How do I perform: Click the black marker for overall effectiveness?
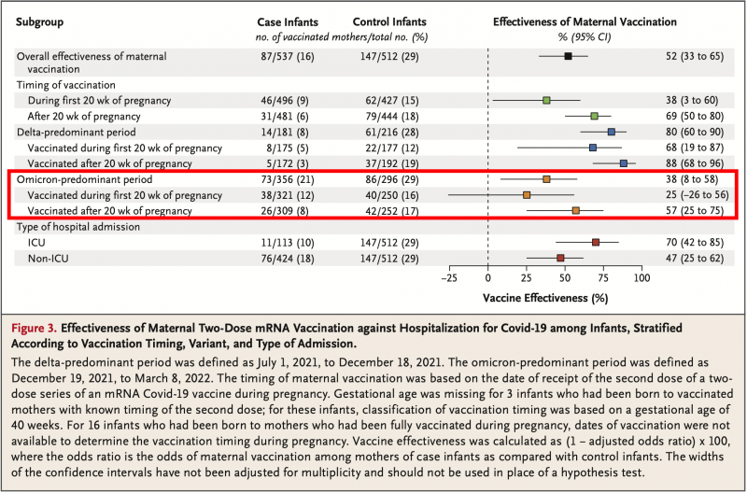pos(568,57)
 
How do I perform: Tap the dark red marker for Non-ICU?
pos(560,257)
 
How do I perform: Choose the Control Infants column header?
pos(391,21)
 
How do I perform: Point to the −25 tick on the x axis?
pos(449,278)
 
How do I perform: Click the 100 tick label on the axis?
pos(641,278)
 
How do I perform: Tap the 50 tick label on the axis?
pos(565,278)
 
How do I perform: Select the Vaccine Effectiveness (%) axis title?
pos(545,298)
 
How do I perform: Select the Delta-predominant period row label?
pos(76,133)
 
